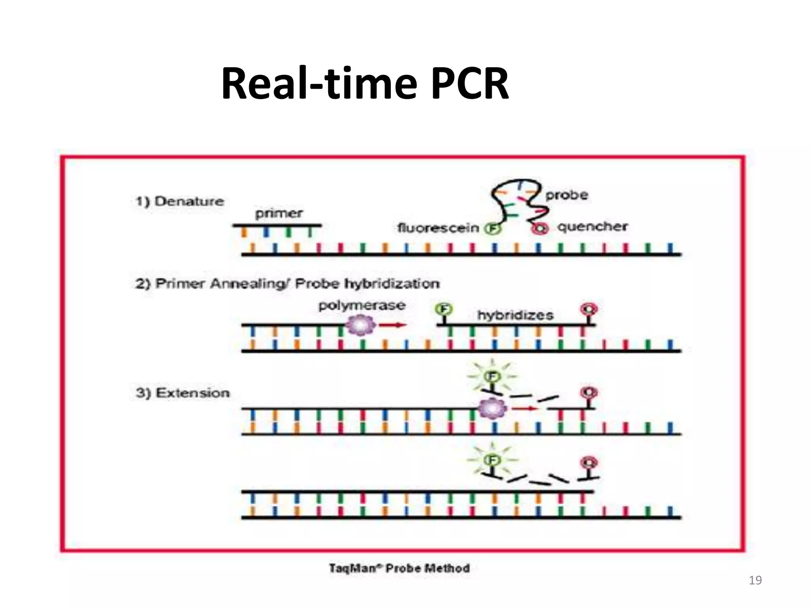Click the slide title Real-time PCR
tap(365, 84)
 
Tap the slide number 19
tap(755, 580)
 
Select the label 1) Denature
tap(180, 201)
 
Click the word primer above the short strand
tap(279, 213)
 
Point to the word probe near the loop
tap(567, 195)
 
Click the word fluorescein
tap(438, 228)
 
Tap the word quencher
tap(592, 227)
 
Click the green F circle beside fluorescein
tap(493, 228)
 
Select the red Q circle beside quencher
tap(541, 228)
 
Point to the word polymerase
tap(362, 305)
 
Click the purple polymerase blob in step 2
tap(360, 325)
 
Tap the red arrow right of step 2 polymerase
tap(393, 325)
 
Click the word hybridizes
tap(515, 315)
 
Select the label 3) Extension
tap(183, 393)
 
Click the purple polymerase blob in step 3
tap(493, 408)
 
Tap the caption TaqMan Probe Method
tap(399, 568)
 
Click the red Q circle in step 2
tap(589, 309)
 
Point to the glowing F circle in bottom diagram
tap(492, 460)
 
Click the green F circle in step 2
tap(444, 309)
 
